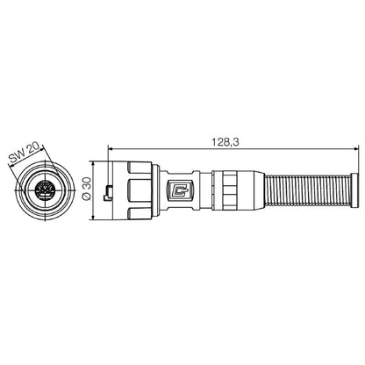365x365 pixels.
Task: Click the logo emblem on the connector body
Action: coord(182,187)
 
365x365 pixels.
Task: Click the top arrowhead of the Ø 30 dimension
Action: coord(91,161)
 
